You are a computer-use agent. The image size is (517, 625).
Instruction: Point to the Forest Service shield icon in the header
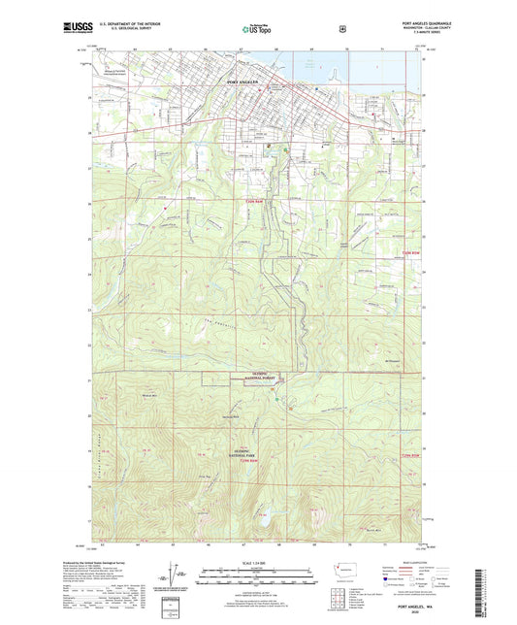(341, 29)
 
